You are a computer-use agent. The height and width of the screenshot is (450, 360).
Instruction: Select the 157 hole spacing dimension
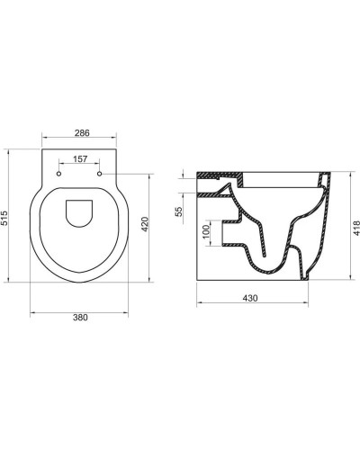(x=79, y=162)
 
